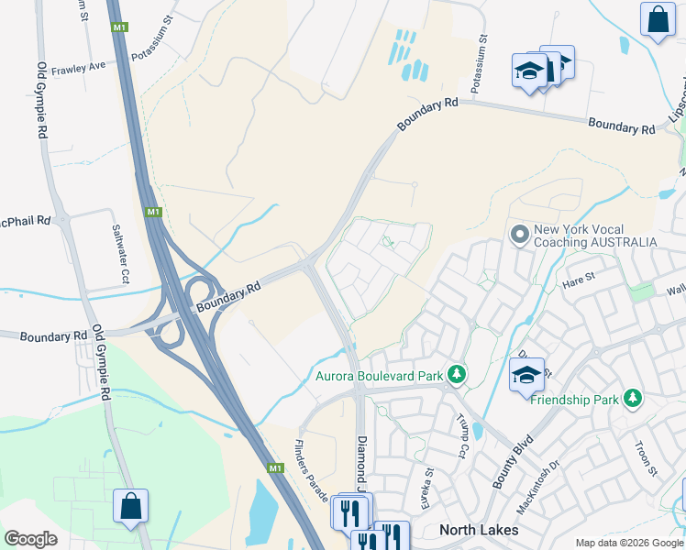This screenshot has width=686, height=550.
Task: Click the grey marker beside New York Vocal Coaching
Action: pyautogui.click(x=520, y=236)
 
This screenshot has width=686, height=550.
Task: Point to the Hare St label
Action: pyautogui.click(x=579, y=274)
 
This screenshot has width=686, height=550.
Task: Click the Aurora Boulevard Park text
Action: pyautogui.click(x=379, y=375)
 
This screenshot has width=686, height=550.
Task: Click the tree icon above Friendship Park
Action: pyautogui.click(x=632, y=398)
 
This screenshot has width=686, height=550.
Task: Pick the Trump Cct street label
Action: pyautogui.click(x=462, y=434)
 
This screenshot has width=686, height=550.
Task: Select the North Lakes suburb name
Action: pyautogui.click(x=479, y=530)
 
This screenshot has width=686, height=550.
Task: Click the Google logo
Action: pyautogui.click(x=30, y=539)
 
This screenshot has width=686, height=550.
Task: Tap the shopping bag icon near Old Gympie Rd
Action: pyautogui.click(x=130, y=506)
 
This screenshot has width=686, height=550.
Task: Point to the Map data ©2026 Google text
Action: pyautogui.click(x=629, y=543)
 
